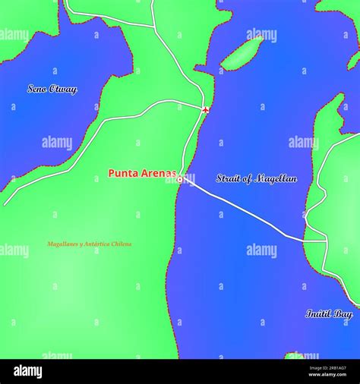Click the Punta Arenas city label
[142, 173]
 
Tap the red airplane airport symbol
[206, 110]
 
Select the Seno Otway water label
[52, 89]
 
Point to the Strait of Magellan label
[256, 179]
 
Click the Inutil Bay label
[329, 313]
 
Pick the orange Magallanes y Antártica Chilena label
[89, 244]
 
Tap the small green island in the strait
[242, 53]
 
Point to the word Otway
[63, 89]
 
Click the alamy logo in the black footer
[27, 371]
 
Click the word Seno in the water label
[37, 89]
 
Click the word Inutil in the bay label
[319, 313]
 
